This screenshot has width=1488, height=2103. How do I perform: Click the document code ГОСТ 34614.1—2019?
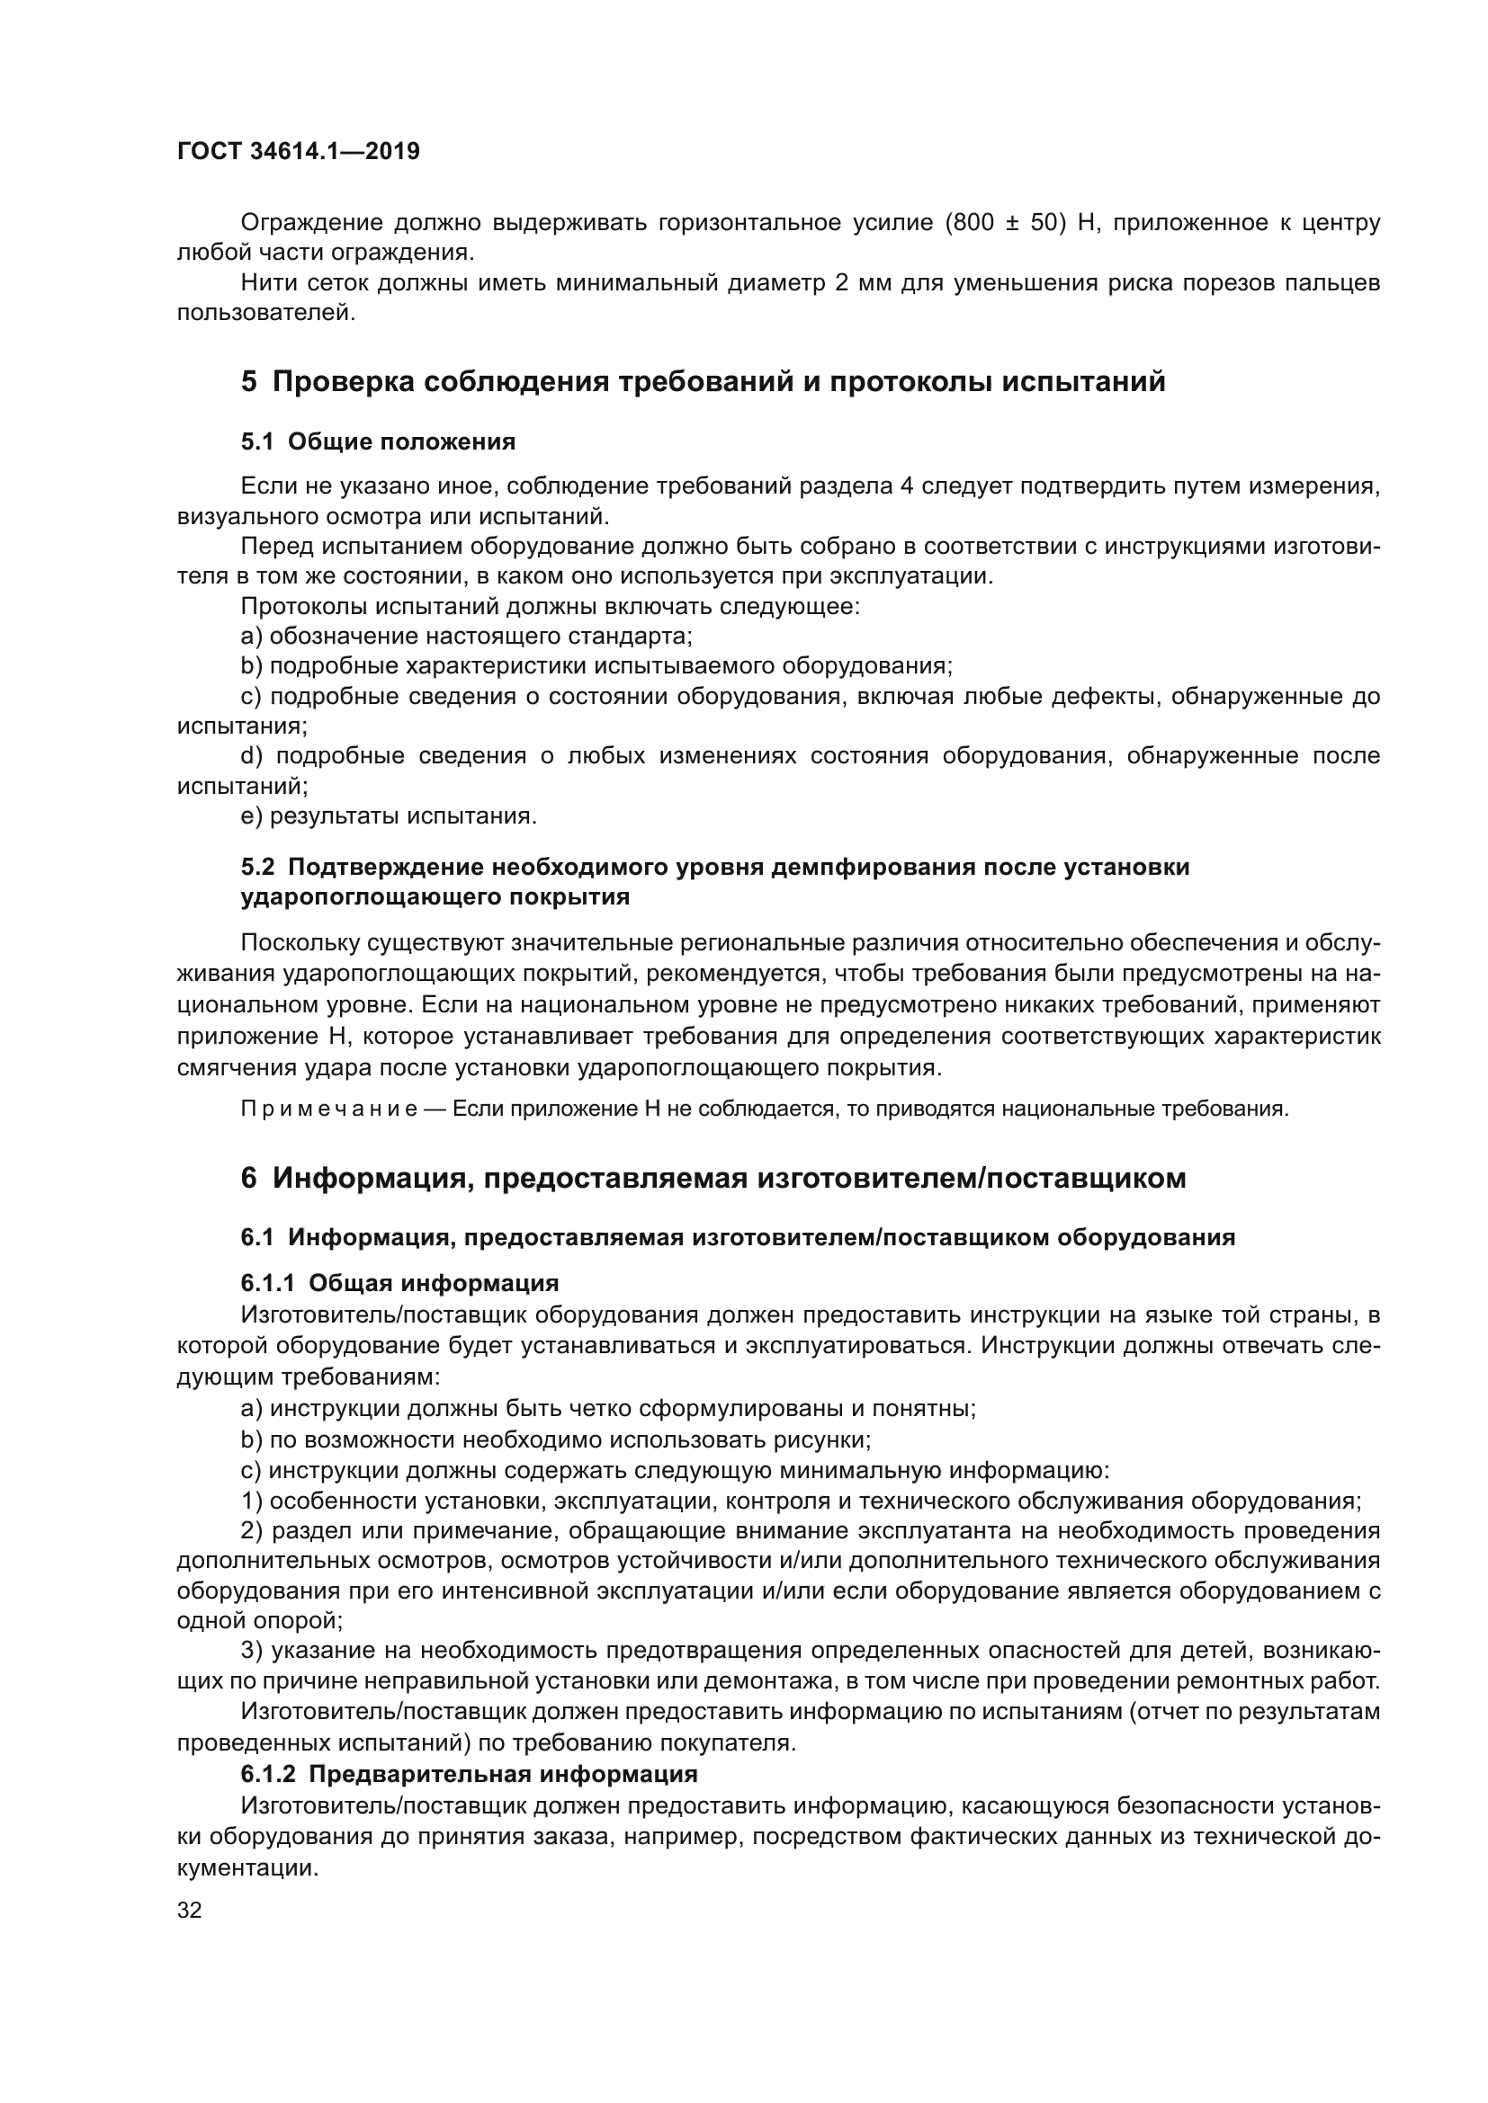pyautogui.click(x=298, y=152)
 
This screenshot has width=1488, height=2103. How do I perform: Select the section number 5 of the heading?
pyautogui.click(x=249, y=381)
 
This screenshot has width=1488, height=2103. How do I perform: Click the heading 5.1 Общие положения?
pyautogui.click(x=378, y=441)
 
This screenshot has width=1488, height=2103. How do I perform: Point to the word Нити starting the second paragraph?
pyautogui.click(x=264, y=283)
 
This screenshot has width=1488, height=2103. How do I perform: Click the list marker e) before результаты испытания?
pyautogui.click(x=251, y=816)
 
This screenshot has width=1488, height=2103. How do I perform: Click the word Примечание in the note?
pyautogui.click(x=329, y=1109)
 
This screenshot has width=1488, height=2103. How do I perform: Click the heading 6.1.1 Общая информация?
pyautogui.click(x=399, y=1283)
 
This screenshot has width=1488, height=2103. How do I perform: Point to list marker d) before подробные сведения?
pyautogui.click(x=252, y=755)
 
